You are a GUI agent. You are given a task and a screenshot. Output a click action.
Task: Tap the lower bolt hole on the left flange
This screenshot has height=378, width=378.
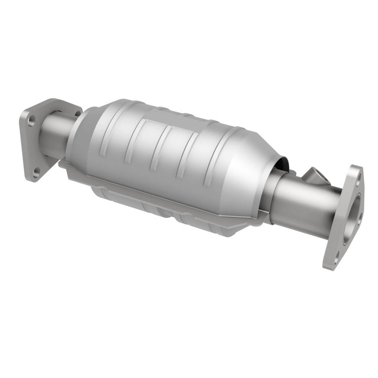(x=36, y=172)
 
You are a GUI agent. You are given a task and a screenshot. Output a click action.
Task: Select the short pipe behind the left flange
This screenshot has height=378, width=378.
(x=56, y=137)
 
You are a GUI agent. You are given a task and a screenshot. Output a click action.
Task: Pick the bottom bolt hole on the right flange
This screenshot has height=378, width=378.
(x=336, y=256)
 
